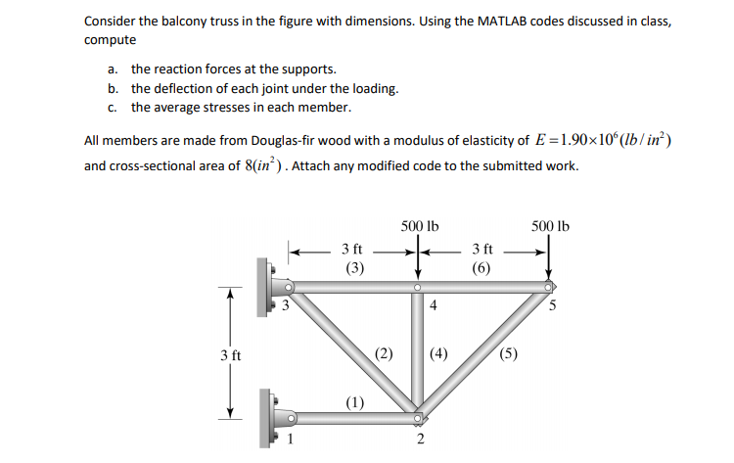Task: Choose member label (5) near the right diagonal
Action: click(x=509, y=354)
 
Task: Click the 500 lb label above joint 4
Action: click(x=420, y=227)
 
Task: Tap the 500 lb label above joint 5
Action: click(x=550, y=227)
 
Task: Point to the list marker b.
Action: click(x=114, y=88)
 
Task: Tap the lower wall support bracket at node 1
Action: click(x=270, y=415)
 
